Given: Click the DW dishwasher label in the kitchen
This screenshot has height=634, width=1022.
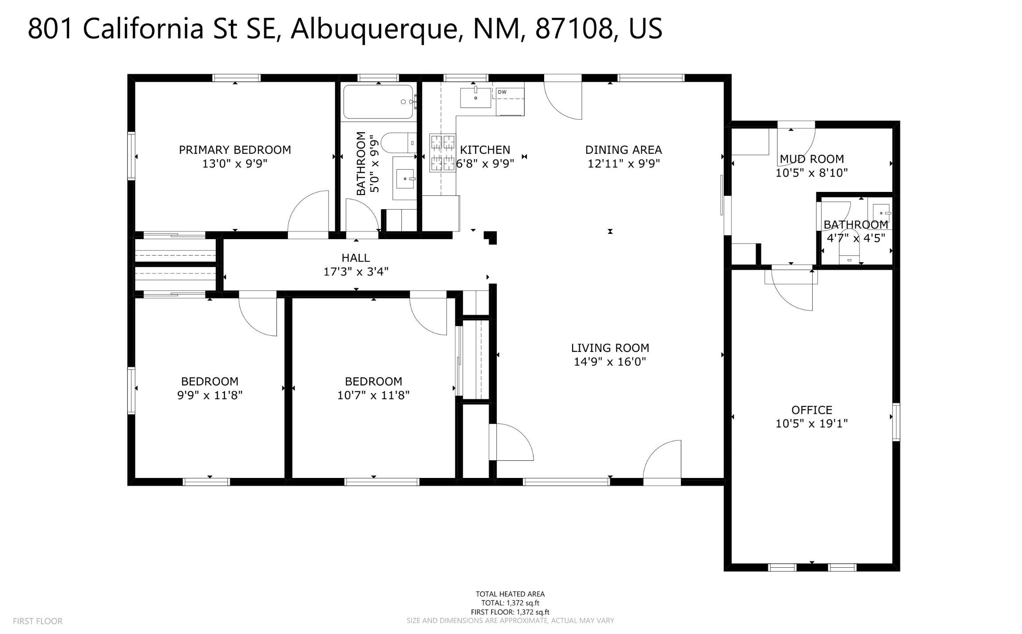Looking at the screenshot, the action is [x=502, y=92].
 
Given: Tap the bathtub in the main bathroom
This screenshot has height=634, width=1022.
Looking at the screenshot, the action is [x=378, y=102].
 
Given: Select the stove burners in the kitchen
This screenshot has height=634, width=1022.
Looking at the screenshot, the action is [x=442, y=153].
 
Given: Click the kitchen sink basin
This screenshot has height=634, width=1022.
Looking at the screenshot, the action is [x=476, y=98].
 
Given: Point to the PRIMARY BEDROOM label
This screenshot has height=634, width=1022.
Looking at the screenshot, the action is [x=235, y=150].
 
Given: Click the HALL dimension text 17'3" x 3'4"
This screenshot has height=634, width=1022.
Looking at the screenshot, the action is [x=356, y=271].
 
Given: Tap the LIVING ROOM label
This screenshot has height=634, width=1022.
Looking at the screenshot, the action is [x=610, y=348].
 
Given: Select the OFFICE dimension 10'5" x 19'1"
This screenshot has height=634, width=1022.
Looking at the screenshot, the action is [x=811, y=424].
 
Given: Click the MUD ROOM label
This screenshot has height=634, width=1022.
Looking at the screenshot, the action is [x=811, y=159].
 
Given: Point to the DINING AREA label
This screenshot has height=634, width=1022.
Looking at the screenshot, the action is [x=623, y=150].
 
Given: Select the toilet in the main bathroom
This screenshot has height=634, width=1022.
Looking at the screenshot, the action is [x=398, y=143].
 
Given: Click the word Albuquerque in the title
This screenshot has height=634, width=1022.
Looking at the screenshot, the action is [x=373, y=29].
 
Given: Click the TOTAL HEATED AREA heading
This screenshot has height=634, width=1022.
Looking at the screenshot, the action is [x=510, y=594].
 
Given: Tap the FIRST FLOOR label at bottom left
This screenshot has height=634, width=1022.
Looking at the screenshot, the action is [x=38, y=621].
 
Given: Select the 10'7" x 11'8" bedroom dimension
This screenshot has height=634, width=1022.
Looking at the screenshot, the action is [x=373, y=395].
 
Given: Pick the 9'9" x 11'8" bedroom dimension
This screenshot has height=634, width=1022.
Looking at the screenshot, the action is [x=210, y=395].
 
